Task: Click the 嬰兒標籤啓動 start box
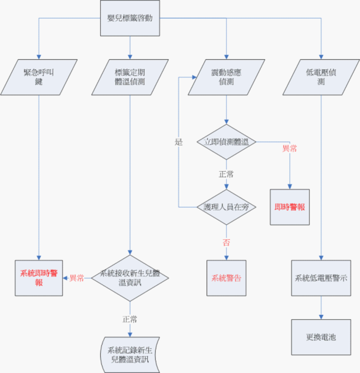[130, 18]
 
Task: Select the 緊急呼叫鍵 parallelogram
[39, 77]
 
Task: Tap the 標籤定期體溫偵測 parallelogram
[130, 77]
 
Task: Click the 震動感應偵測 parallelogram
[226, 77]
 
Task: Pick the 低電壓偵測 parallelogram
[321, 77]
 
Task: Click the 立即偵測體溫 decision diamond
[226, 141]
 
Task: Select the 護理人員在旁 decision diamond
[226, 206]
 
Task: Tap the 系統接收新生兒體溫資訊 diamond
[130, 278]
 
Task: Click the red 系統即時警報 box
[39, 278]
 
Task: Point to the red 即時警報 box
[290, 206]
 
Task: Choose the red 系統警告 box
[226, 278]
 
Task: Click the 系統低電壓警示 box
[321, 278]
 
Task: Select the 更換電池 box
[321, 337]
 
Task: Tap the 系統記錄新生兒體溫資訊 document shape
[130, 354]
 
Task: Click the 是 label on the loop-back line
[179, 142]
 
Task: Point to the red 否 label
[226, 242]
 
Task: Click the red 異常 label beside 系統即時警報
[77, 278]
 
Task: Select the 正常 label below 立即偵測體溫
[226, 174]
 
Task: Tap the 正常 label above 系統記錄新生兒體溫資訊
[130, 319]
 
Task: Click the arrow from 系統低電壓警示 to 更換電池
[321, 308]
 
